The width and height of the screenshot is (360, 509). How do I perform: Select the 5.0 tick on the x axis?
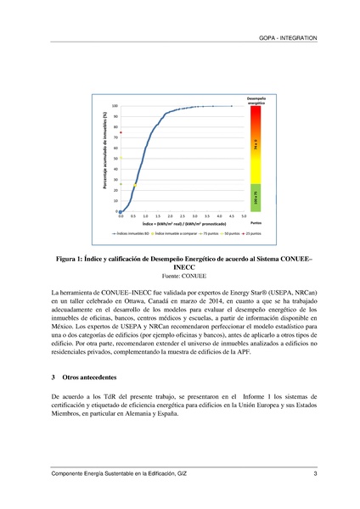[243, 216]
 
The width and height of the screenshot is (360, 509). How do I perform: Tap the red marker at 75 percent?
[121, 132]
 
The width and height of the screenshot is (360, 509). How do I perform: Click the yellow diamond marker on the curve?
[134, 183]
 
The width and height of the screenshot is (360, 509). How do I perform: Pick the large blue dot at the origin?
[121, 211]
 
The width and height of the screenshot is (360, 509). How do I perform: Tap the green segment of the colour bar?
[256, 195]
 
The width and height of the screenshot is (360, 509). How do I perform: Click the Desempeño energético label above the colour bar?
[256, 100]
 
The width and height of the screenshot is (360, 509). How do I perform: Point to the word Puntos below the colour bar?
[256, 223]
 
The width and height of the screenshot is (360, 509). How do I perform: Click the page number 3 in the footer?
[315, 473]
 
